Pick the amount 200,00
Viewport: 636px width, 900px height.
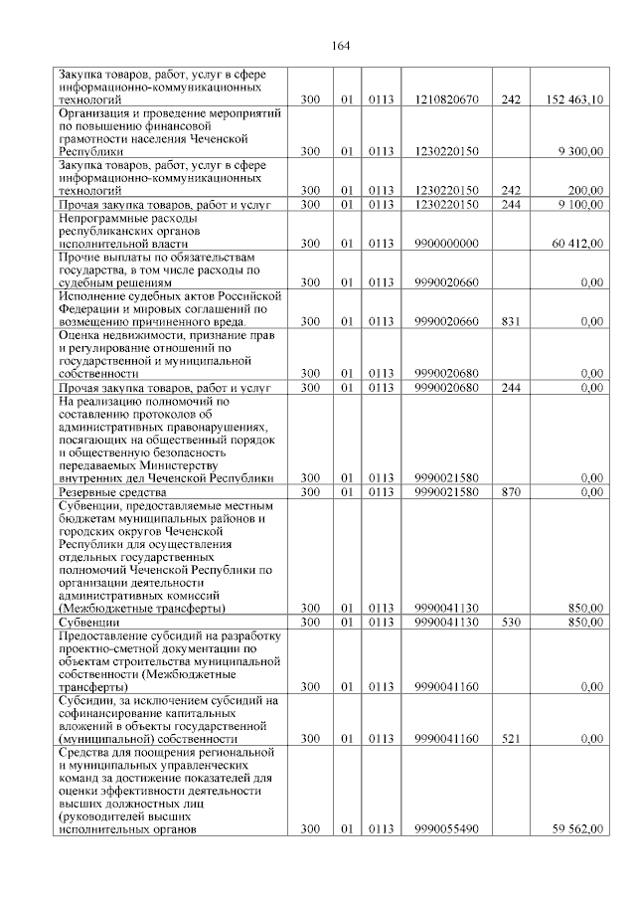586,190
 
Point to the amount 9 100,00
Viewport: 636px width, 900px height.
581,204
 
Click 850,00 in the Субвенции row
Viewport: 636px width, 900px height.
585,622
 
